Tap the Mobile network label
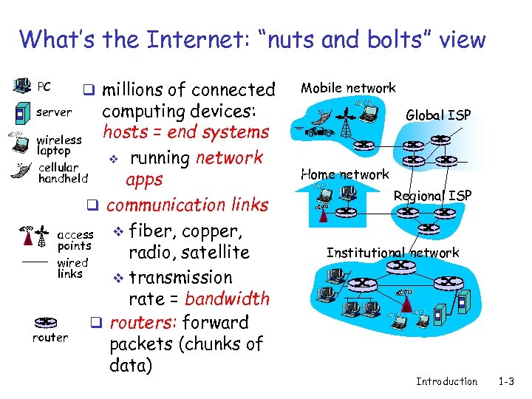pos(347,88)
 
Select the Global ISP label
pos(439,115)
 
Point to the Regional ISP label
pos(432,196)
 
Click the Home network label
pos(344,174)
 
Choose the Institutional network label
pos(392,253)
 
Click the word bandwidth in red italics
pos(227,299)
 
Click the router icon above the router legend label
pos(46,323)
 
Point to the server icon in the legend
pos(20,115)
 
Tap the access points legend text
pos(75,241)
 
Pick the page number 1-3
pos(506,381)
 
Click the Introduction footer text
pos(446,381)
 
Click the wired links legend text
pos(72,268)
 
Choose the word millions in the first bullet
pos(132,90)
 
